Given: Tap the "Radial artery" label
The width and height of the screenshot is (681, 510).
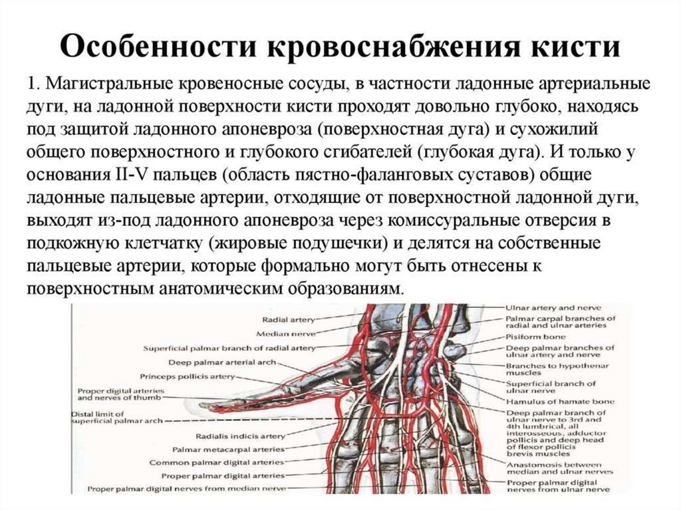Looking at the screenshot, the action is click(288, 320).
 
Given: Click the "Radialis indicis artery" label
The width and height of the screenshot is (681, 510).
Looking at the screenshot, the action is click(240, 436).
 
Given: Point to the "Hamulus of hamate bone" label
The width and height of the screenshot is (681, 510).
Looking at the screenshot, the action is click(559, 402).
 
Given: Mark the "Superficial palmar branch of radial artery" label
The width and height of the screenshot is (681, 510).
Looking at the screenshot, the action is click(229, 348).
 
